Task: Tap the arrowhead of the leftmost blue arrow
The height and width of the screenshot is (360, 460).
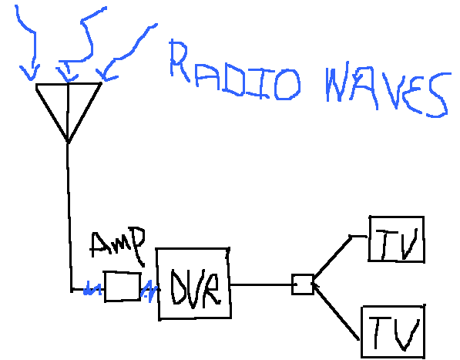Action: point(29,76)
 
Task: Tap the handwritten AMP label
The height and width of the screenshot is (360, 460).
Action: point(117,246)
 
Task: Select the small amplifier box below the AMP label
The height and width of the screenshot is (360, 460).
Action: point(121,286)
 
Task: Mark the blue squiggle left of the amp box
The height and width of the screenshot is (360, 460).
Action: point(92,291)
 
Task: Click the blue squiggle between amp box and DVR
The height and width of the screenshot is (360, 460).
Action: point(149,291)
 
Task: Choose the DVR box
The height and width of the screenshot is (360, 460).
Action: point(193,284)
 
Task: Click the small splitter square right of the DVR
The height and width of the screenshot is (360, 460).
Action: point(301,284)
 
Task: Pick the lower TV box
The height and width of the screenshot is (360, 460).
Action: point(393,332)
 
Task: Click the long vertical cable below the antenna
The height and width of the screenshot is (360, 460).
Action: point(68,216)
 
